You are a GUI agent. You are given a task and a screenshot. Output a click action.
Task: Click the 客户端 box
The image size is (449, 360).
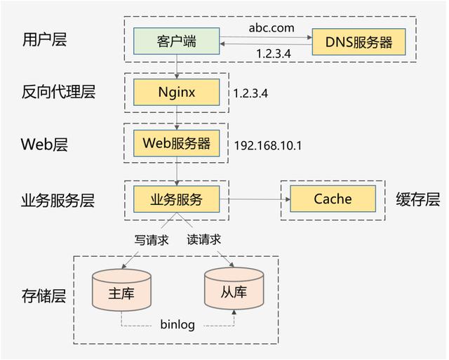(176, 42)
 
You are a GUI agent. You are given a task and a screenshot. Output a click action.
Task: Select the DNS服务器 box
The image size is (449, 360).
(359, 42)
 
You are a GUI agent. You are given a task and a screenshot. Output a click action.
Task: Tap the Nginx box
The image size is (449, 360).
(176, 91)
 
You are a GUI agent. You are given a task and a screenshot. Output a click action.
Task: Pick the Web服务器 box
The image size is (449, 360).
(176, 143)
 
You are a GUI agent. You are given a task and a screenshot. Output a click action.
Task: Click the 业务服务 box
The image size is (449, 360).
(176, 199)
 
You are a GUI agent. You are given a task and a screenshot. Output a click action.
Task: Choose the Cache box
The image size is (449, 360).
(333, 199)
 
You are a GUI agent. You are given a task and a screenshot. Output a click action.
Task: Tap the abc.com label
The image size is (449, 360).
(271, 28)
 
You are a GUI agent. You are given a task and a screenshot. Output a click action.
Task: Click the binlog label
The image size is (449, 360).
(177, 325)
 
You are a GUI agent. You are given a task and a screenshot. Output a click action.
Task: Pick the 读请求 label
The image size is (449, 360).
(204, 240)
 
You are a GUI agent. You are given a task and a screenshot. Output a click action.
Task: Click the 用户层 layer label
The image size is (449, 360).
(44, 39)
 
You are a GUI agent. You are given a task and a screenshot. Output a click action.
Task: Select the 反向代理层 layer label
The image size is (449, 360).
(58, 91)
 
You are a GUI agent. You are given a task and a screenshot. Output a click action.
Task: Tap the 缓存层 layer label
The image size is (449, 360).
(417, 199)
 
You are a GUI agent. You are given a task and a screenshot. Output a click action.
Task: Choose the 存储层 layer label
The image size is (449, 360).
(44, 295)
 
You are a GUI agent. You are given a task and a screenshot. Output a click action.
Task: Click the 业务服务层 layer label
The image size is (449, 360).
(58, 200)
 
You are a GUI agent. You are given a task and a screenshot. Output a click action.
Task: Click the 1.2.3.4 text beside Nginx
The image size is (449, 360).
(250, 93)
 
